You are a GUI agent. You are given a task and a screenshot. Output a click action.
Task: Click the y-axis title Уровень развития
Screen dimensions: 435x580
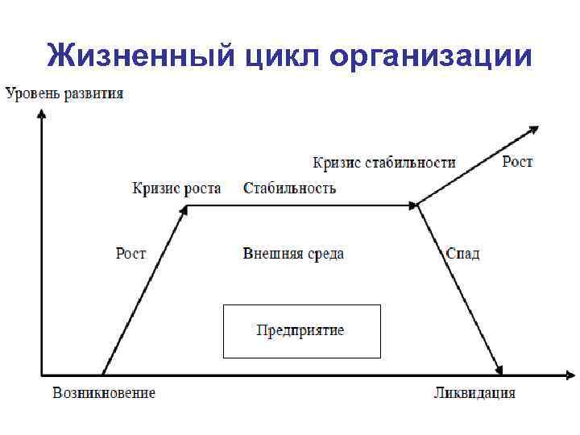click(64, 93)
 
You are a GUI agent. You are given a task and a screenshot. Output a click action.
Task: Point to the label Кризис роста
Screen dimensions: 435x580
click(176, 188)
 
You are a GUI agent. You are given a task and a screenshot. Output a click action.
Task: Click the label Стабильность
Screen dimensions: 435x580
click(289, 188)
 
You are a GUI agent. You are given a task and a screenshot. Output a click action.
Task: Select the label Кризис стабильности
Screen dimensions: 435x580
click(383, 163)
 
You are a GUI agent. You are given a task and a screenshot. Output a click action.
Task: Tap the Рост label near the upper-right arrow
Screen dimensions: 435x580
click(517, 162)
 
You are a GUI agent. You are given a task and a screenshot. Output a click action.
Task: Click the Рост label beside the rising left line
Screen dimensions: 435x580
click(130, 253)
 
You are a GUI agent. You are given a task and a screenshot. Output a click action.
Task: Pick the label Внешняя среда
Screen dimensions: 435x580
click(293, 254)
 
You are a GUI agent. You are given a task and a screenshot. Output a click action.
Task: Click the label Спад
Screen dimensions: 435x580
click(462, 253)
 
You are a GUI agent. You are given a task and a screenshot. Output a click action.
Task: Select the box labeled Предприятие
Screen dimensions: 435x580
click(301, 331)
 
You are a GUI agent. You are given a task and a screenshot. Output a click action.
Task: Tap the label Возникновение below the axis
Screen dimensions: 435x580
click(104, 393)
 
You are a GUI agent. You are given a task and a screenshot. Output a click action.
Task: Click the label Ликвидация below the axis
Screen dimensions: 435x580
click(474, 393)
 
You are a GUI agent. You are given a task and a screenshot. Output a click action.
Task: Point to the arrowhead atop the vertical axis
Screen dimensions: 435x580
click(41, 114)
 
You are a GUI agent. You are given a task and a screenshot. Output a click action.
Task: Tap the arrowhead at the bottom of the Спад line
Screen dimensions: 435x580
click(500, 369)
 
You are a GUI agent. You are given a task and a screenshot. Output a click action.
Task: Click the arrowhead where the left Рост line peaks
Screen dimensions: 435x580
click(184, 209)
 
